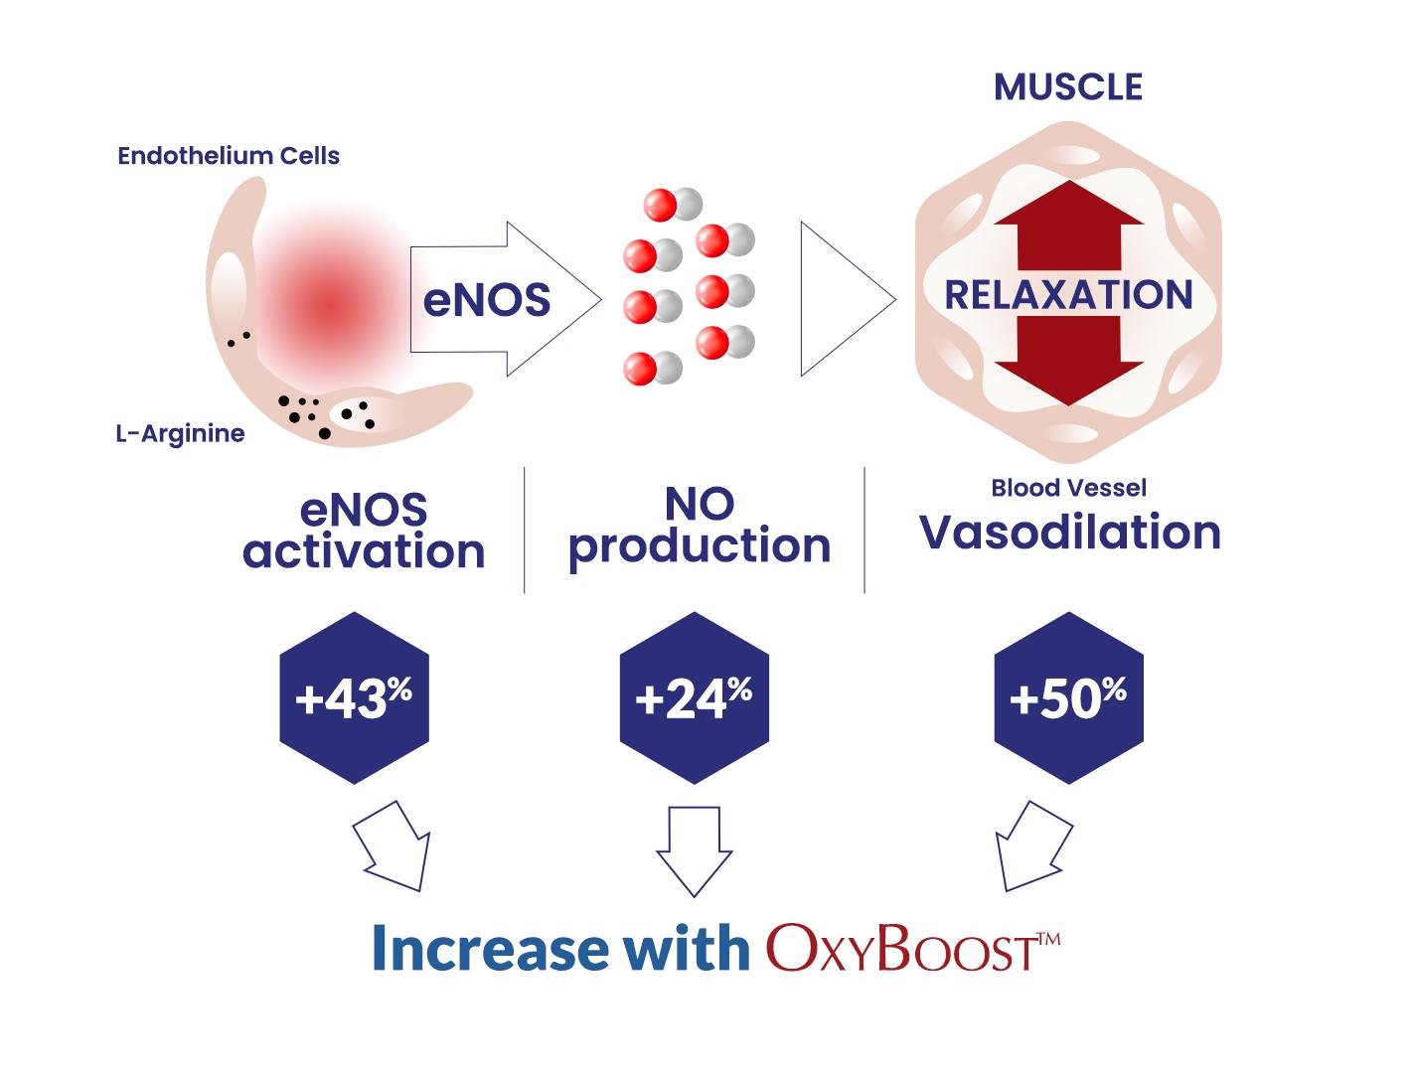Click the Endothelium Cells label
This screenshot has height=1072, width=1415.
(229, 156)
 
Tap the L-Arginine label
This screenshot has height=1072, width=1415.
(181, 433)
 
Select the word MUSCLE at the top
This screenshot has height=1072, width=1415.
(1068, 87)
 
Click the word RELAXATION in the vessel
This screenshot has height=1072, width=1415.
(1068, 295)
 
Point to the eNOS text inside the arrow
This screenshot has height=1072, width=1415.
(487, 300)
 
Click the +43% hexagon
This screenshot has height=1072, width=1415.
(354, 698)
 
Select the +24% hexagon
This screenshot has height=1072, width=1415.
(695, 698)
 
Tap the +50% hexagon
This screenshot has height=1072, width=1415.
(1069, 698)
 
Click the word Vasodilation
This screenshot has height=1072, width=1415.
(1070, 533)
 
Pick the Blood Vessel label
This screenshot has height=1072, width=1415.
(1069, 488)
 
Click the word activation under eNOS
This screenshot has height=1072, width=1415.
(364, 551)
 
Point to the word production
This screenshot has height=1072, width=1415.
(700, 547)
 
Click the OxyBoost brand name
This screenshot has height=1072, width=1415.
(913, 948)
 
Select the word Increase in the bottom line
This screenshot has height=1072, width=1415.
(490, 948)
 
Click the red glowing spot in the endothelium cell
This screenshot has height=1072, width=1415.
(331, 306)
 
